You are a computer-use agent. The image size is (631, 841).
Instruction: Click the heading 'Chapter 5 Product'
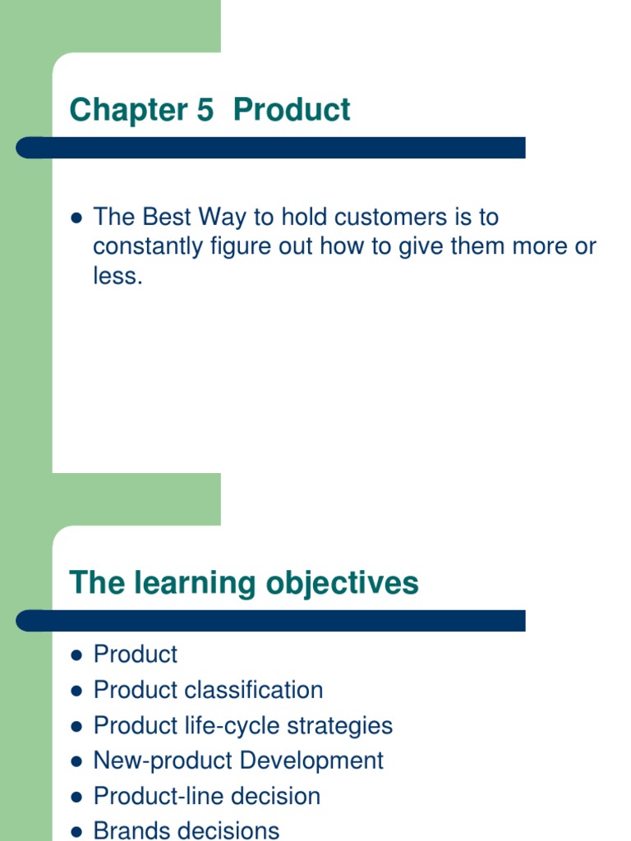click(210, 110)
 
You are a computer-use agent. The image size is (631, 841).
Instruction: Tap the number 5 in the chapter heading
click(205, 110)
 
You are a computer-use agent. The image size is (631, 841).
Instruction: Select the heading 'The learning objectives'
click(244, 583)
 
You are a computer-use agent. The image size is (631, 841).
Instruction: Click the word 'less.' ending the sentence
click(118, 277)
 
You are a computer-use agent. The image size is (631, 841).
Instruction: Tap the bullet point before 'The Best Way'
click(77, 218)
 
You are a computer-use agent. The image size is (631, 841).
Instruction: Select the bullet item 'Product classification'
click(208, 690)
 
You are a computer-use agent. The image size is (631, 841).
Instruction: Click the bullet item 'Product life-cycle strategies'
click(242, 726)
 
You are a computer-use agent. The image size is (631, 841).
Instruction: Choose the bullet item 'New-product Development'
click(238, 761)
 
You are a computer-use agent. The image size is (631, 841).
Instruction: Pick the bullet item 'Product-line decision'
click(206, 796)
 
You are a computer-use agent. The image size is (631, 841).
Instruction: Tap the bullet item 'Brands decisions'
click(187, 830)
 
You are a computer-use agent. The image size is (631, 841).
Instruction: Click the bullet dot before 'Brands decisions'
click(77, 831)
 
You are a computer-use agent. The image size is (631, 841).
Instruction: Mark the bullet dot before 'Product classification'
click(77, 691)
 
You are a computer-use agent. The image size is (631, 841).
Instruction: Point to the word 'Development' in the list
click(311, 761)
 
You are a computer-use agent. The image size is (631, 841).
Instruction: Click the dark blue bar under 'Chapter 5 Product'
click(271, 148)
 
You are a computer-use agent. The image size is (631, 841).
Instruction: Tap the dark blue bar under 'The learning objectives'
click(271, 621)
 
